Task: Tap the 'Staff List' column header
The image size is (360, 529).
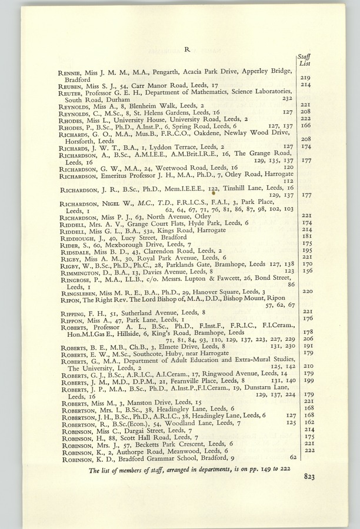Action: [305, 59]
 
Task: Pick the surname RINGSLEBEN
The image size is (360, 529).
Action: [76, 291]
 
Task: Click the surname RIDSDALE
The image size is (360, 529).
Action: [72, 250]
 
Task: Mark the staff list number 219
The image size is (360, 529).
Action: [305, 78]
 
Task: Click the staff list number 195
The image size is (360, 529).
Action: [305, 250]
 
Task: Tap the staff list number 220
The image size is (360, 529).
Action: [305, 291]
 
